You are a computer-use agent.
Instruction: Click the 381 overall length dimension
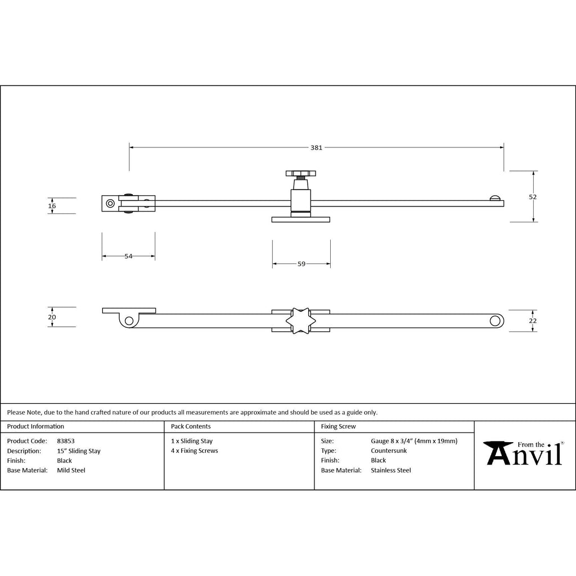coord(316,148)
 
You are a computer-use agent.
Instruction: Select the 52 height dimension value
coord(533,197)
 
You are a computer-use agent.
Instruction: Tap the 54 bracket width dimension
coord(128,256)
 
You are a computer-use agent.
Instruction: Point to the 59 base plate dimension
coord(301,264)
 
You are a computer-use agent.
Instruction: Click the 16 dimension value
coord(52,206)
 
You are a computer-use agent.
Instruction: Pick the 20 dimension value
coord(52,317)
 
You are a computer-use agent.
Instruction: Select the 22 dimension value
coord(533,321)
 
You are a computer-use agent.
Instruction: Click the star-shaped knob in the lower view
coord(301,321)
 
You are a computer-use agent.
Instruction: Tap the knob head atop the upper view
coord(301,173)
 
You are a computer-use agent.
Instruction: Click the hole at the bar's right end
coord(495,321)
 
